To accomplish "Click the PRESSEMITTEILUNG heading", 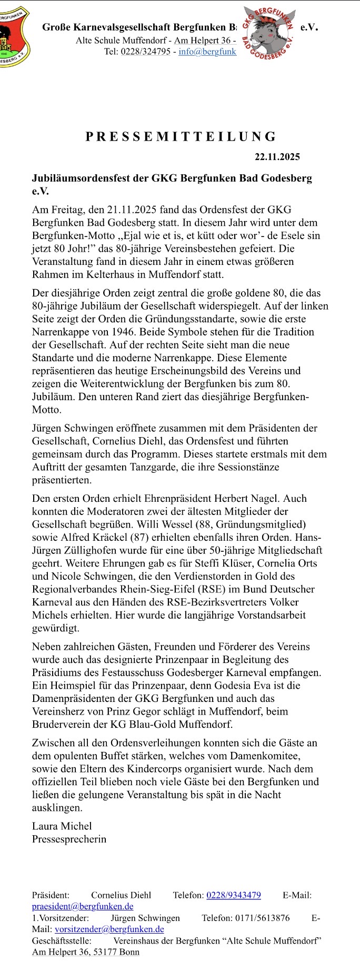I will (x=181, y=137).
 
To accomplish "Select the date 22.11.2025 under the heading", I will (x=277, y=157).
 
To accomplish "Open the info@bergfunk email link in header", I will (x=207, y=52).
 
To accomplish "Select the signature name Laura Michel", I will (x=62, y=826).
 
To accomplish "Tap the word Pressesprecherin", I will (x=69, y=839).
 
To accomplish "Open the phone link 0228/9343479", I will (x=233, y=895).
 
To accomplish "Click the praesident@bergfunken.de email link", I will (x=83, y=906).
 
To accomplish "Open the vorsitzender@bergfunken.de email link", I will (x=109, y=929).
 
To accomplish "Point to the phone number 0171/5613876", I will (x=261, y=918).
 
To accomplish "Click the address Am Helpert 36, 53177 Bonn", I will (x=86, y=952).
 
